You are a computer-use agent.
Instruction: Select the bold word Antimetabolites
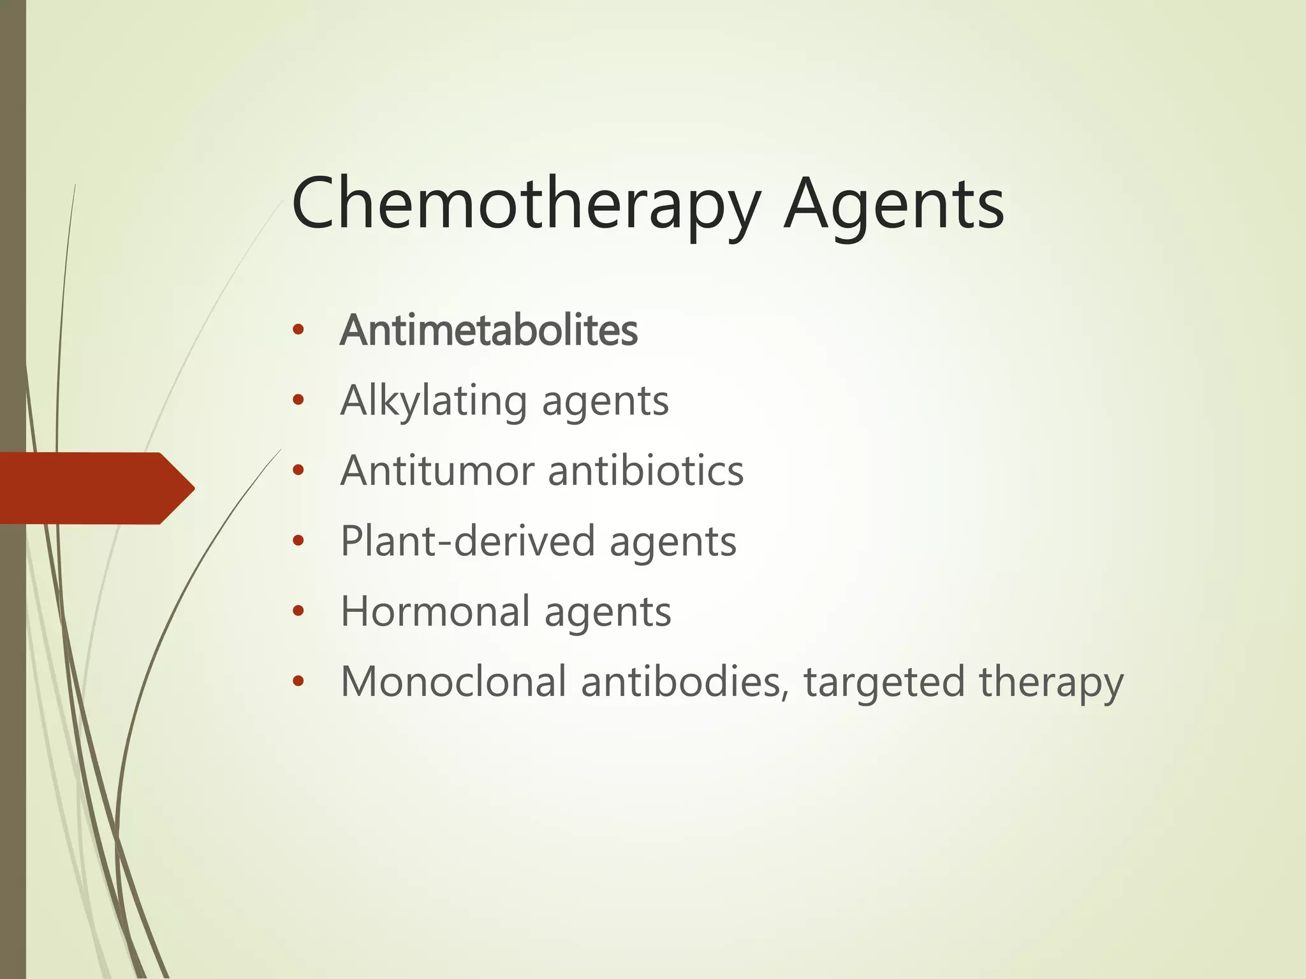pos(489,330)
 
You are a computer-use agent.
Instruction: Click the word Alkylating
pos(433,401)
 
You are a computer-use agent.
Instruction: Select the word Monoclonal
pos(453,681)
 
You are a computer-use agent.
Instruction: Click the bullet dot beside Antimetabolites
pos(298,330)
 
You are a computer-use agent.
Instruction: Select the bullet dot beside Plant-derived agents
pos(298,541)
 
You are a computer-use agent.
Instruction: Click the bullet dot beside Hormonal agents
pos(298,611)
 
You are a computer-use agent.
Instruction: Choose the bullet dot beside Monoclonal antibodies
pos(298,681)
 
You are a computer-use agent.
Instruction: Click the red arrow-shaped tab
pos(96,488)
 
